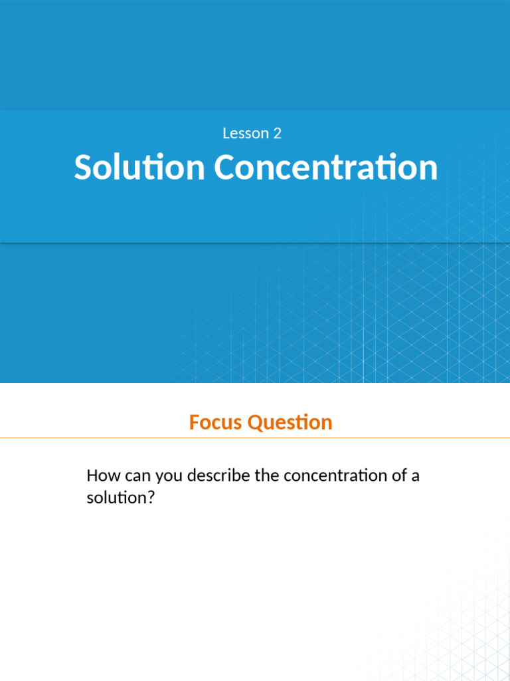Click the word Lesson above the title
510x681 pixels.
coord(243,134)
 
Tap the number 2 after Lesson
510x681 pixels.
coord(277,134)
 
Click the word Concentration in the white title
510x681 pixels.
coord(326,168)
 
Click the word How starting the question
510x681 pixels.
coord(101,476)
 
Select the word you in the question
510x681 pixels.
coord(169,476)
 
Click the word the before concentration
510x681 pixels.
coord(268,476)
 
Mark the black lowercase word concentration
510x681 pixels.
coord(334,476)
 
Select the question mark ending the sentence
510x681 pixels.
coord(150,497)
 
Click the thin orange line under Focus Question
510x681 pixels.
coord(255,438)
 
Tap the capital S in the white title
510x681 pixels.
coord(82,168)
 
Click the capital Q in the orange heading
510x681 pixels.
coord(255,422)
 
